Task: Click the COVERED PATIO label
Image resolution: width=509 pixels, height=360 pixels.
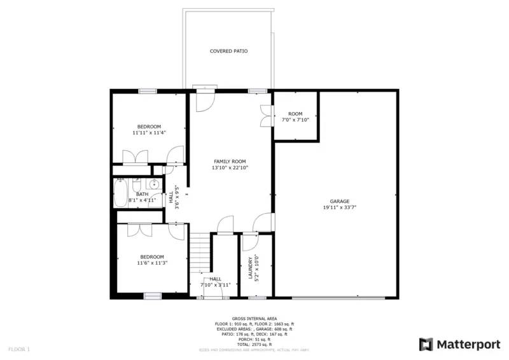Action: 229,51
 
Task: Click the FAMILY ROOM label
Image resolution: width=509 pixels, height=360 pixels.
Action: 230,162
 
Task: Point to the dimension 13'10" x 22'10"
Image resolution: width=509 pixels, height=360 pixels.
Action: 230,168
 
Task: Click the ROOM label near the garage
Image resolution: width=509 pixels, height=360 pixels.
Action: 295,114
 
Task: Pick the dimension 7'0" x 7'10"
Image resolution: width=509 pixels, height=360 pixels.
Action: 295,120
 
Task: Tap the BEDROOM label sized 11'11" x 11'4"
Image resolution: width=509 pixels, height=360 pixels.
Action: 150,126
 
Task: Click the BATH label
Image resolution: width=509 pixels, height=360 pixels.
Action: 143,194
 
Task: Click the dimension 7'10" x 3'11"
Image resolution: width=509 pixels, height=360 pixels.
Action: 216,285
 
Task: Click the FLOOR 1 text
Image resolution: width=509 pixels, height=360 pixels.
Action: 19,349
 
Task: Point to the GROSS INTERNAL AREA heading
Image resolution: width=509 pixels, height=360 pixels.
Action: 254,318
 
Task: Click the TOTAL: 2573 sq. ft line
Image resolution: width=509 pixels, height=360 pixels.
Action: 254,343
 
